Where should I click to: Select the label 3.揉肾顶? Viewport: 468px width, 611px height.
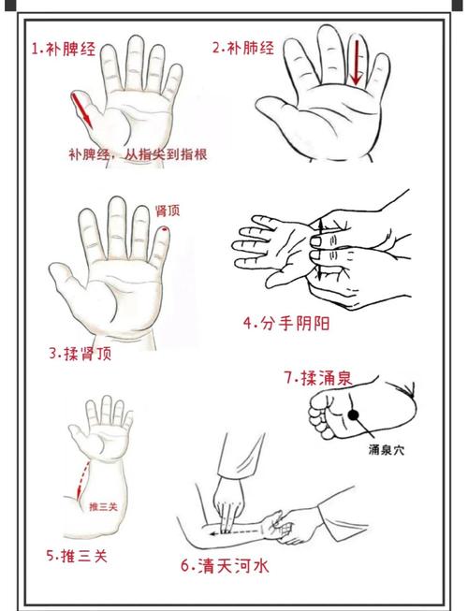point(80,354)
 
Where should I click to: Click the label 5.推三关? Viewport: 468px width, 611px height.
point(77,556)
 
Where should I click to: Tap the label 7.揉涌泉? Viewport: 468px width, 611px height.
point(318,378)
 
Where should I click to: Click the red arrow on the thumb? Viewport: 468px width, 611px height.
point(83,110)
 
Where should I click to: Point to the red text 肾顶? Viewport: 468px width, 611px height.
point(168,211)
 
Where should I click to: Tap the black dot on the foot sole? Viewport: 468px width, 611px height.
point(355,414)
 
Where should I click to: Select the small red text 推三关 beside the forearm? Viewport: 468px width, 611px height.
point(103,506)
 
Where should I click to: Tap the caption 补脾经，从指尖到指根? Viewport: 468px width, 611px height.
point(138,155)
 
